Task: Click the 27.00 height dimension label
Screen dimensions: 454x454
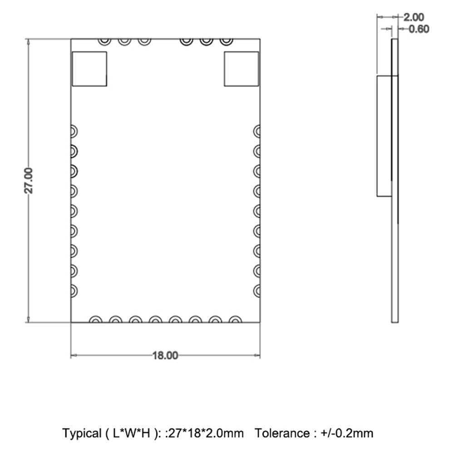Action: point(29,180)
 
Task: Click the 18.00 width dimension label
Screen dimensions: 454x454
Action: point(165,355)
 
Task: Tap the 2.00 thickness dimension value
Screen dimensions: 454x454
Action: point(414,17)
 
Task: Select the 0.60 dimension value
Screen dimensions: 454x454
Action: point(419,29)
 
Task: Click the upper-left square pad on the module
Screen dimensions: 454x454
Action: point(89,69)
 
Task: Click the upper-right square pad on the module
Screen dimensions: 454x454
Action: point(241,69)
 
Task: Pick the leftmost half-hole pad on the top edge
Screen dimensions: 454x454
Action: point(104,42)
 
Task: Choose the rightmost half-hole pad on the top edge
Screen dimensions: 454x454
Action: point(226,42)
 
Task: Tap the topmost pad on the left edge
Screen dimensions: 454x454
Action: point(74,132)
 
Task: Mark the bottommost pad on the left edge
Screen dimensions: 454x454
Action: point(74,291)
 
